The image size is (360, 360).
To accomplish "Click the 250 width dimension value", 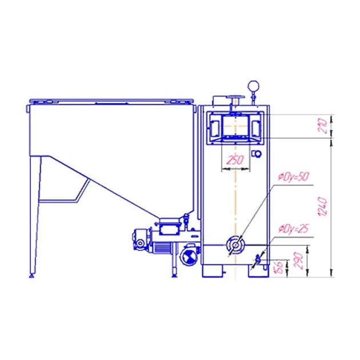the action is pyautogui.click(x=235, y=160).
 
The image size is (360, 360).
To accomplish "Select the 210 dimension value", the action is pyautogui.click(x=322, y=126).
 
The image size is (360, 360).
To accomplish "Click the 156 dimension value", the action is pyautogui.click(x=278, y=267).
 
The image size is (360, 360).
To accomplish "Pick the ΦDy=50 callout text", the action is pyautogui.click(x=294, y=177).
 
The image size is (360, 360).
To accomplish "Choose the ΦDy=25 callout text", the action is pyautogui.click(x=294, y=229).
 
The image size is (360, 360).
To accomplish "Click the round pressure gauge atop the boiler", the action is pyautogui.click(x=253, y=86).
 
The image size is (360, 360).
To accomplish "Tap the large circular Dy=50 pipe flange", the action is pyautogui.click(x=235, y=245).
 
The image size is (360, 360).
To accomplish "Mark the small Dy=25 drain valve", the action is pyautogui.click(x=258, y=259).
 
